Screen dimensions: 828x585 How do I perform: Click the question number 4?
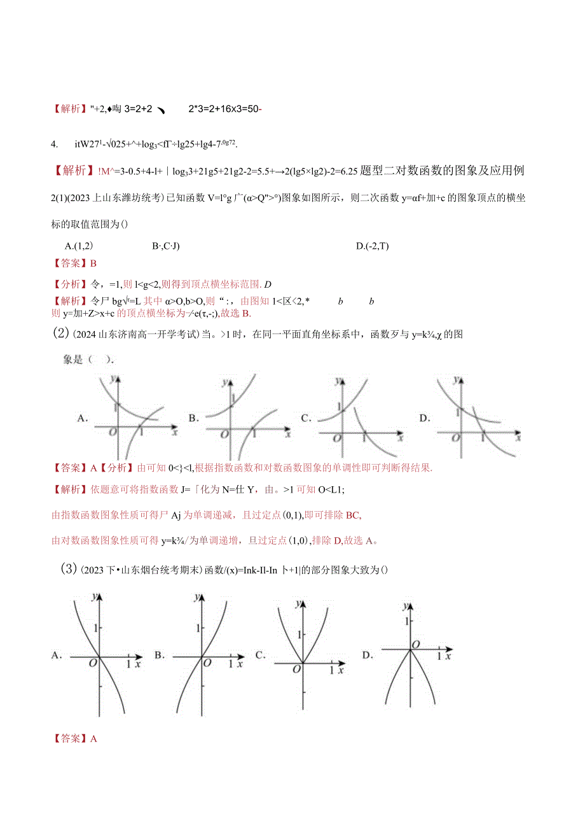click(55, 144)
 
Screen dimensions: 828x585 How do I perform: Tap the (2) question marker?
click(59, 332)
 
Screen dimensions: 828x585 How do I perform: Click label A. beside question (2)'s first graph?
click(82, 418)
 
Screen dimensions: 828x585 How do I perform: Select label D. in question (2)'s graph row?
click(424, 418)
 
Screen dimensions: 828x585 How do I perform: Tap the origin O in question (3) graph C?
click(296, 669)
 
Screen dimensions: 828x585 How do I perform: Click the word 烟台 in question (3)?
click(148, 569)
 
